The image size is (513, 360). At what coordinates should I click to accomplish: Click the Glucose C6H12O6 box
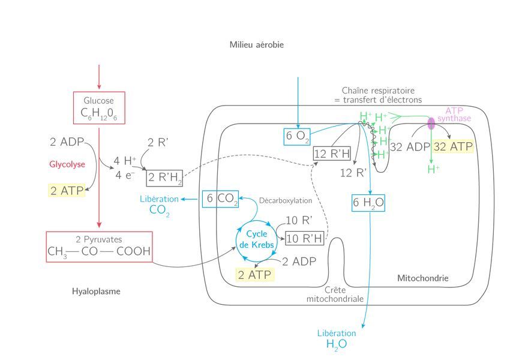(x=99, y=108)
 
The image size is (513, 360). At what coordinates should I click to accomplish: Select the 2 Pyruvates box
(x=99, y=247)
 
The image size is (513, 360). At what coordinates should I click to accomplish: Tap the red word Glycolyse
(x=67, y=164)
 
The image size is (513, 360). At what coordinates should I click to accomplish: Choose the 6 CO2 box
(x=220, y=199)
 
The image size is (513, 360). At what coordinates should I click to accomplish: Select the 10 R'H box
(x=305, y=239)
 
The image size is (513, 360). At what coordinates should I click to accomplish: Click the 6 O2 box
(x=298, y=136)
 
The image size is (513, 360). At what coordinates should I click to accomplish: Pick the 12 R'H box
(x=332, y=154)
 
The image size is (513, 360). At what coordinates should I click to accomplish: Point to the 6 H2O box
(x=368, y=203)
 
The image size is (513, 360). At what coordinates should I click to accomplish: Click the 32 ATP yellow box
(x=453, y=147)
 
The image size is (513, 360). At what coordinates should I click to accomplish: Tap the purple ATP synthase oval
(x=431, y=124)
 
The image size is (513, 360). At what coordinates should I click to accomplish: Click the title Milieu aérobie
(x=256, y=45)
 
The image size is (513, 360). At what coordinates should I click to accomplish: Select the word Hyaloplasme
(x=96, y=292)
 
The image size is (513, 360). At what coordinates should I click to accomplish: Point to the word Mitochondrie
(x=422, y=278)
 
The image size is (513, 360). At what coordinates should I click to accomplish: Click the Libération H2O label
(x=336, y=339)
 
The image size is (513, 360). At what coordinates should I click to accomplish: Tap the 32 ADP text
(x=410, y=147)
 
